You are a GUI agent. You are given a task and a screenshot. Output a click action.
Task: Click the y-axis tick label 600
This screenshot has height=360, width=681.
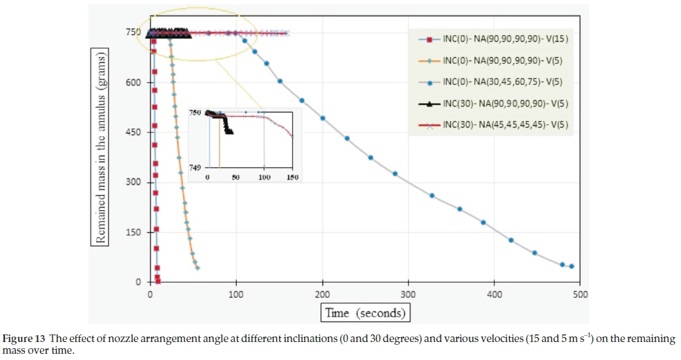click(133, 83)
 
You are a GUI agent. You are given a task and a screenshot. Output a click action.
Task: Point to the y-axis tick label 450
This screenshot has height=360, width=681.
click(133, 133)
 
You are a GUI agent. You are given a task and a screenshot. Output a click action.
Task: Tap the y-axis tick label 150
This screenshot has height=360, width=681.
click(133, 232)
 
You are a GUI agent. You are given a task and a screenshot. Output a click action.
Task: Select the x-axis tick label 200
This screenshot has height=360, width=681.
click(323, 294)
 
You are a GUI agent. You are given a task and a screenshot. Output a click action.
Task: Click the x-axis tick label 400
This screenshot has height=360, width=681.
click(495, 294)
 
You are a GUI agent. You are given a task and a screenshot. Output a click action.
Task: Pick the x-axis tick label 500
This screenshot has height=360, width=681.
click(580, 294)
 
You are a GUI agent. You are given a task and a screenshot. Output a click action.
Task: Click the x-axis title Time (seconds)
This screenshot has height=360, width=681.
click(366, 313)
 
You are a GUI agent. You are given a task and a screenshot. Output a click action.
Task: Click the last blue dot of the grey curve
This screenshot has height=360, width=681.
click(571, 266)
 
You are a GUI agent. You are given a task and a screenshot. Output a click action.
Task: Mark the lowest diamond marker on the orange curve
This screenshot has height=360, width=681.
click(198, 267)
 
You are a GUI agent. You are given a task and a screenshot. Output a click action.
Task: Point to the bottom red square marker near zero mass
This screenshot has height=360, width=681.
click(158, 281)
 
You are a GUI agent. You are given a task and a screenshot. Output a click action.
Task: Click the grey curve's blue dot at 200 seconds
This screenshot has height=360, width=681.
click(323, 118)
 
